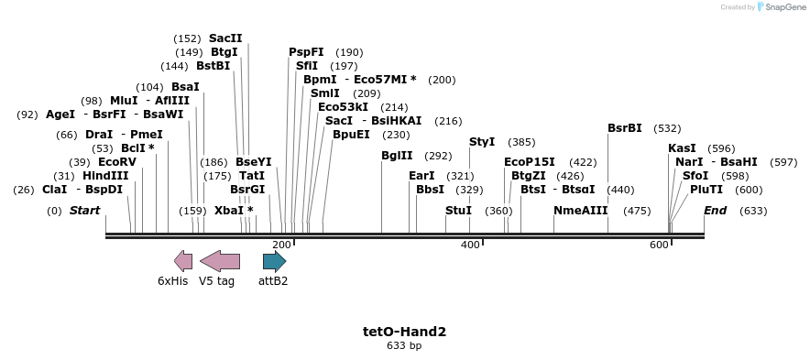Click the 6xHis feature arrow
183,261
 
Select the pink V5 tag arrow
220,261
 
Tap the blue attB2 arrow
274,261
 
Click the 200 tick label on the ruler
281,245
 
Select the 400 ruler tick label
470,245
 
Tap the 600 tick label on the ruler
659,245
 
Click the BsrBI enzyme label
625,128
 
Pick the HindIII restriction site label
105,176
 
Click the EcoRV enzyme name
116,162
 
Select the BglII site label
397,156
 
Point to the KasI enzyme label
682,148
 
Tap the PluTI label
706,190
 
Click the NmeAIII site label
580,211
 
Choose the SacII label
225,38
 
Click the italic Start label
84,211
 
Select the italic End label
716,211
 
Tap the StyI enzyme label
482,142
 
